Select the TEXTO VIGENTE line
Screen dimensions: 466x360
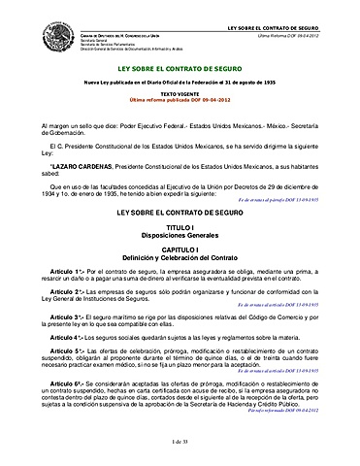180,93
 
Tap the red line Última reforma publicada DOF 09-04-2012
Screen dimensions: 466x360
180,100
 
